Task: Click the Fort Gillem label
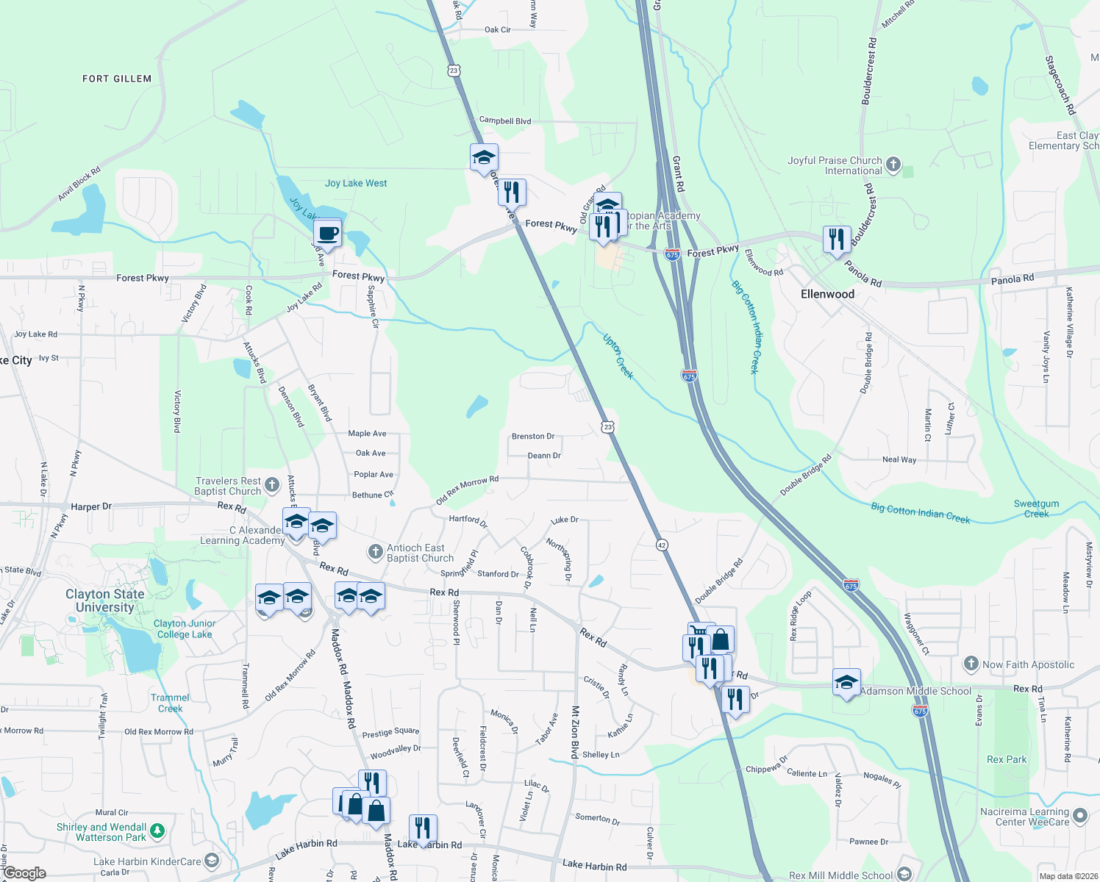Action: click(117, 79)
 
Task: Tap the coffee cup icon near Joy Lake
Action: click(327, 234)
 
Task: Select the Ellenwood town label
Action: click(827, 294)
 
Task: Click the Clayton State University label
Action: click(105, 600)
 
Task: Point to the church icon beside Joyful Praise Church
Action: click(893, 165)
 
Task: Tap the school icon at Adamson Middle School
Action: click(846, 683)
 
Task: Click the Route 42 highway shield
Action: click(662, 545)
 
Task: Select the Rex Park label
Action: click(1007, 759)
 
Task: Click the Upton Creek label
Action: click(618, 356)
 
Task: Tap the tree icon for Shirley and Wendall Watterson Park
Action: click(157, 831)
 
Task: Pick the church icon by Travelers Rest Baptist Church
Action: click(272, 484)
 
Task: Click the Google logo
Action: click(25, 873)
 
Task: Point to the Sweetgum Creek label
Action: click(1036, 509)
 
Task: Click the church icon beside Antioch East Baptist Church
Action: click(376, 551)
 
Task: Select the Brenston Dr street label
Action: click(533, 437)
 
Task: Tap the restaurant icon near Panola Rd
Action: click(837, 239)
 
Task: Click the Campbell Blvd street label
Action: click(505, 121)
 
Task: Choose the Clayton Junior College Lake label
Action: click(184, 628)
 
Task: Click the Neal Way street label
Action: click(899, 459)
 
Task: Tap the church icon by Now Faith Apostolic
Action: click(971, 664)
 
